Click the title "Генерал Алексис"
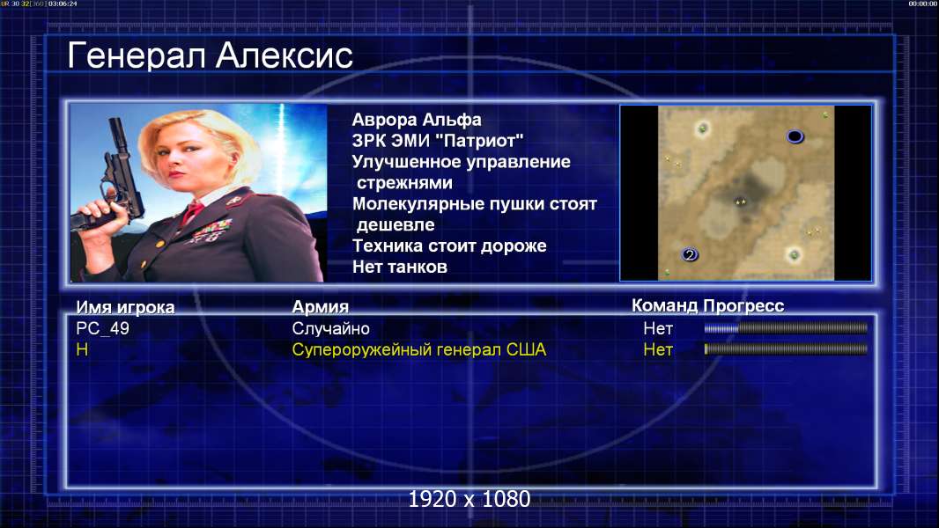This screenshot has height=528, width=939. [x=211, y=55]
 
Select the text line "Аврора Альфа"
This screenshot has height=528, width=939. [x=416, y=120]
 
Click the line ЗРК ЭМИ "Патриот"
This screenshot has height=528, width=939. [x=438, y=141]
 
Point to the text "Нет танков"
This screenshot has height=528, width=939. [x=399, y=267]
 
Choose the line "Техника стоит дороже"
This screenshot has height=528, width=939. [x=449, y=246]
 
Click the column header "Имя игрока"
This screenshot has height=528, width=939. [x=125, y=307]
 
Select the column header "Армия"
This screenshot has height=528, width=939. [x=321, y=307]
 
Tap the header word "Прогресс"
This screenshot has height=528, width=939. [x=743, y=305]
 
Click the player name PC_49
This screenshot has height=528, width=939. [x=102, y=328]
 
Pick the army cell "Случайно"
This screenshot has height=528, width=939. [x=330, y=328]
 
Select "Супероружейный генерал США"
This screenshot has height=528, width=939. [x=419, y=350]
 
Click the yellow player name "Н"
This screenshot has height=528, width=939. [x=82, y=350]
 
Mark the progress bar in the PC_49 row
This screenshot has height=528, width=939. [x=786, y=327]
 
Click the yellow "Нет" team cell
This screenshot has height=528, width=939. [x=658, y=350]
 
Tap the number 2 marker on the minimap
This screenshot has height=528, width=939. [x=690, y=254]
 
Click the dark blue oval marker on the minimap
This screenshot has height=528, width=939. [x=795, y=137]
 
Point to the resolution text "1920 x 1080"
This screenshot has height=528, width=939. [x=469, y=499]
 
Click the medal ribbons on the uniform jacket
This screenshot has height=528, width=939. [x=211, y=231]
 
